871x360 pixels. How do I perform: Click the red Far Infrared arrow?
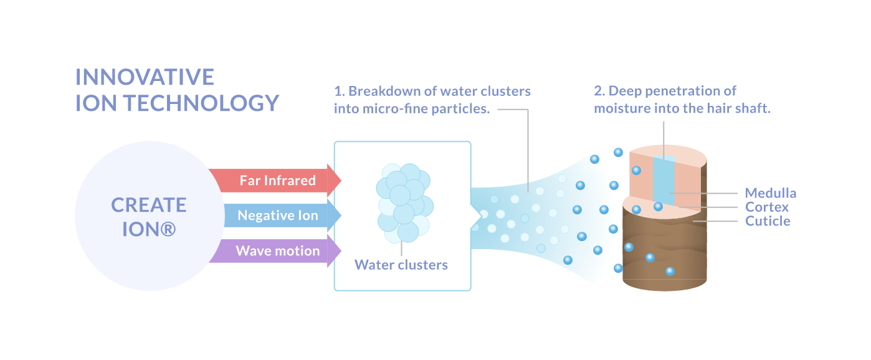point(274,181)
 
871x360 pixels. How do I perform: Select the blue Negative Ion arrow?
point(277,216)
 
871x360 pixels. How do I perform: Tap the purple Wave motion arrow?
point(277,252)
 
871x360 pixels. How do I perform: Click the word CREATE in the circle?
point(149,205)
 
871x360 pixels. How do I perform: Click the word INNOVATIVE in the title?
point(145,77)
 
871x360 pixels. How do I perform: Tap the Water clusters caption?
point(401,265)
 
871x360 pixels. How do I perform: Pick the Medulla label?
point(770,193)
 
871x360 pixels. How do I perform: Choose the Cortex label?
point(767,207)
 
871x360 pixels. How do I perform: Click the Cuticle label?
point(768,221)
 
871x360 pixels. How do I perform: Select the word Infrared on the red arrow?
point(289,181)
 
